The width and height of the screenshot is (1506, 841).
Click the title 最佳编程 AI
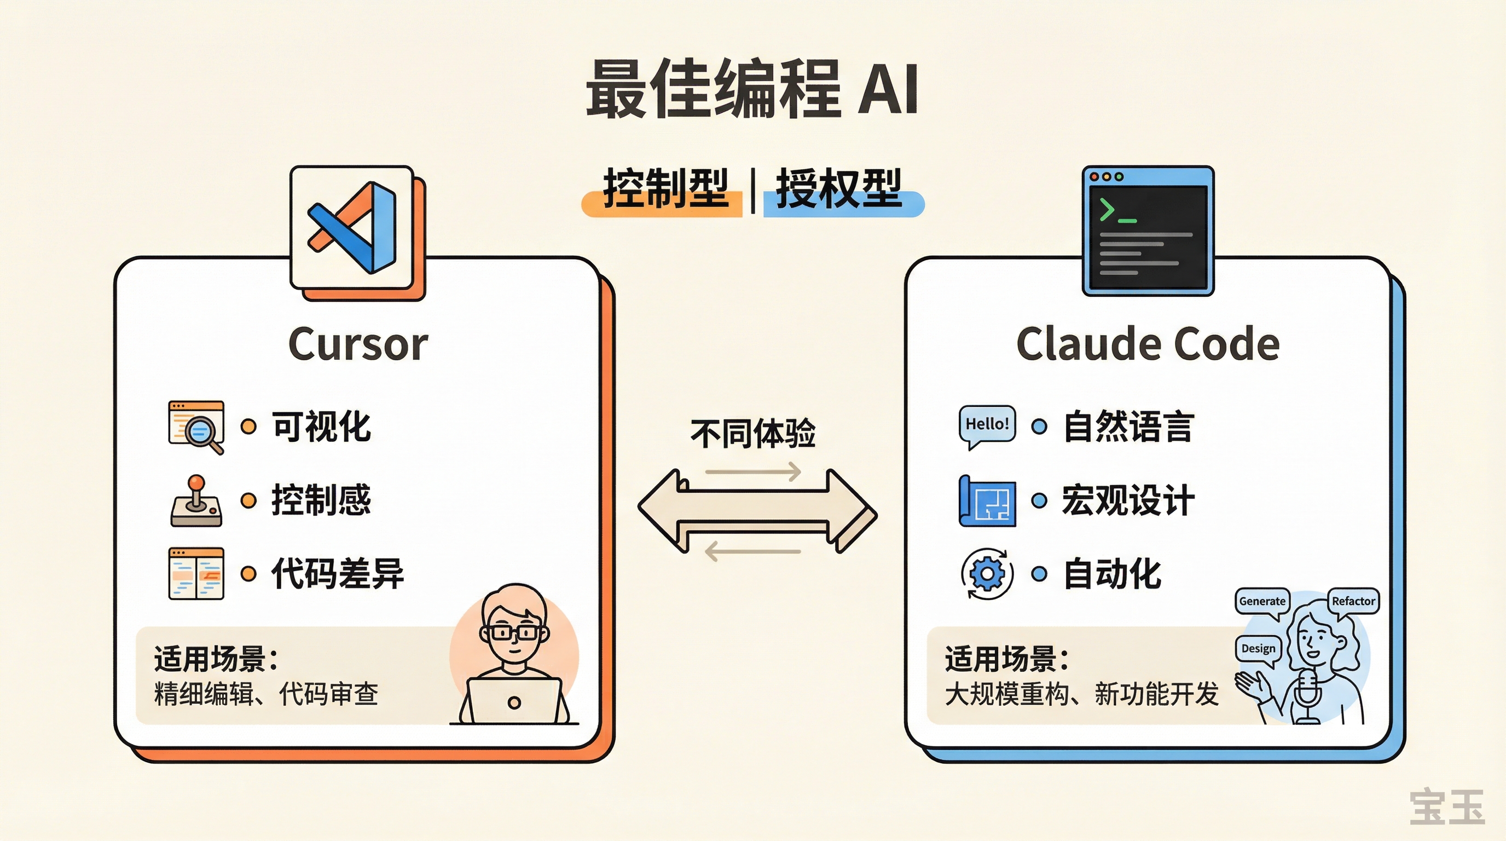coord(752,89)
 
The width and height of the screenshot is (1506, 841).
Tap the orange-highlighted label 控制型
coord(665,189)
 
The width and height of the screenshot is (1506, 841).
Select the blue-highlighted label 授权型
coord(839,189)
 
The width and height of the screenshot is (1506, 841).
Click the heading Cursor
coord(358,344)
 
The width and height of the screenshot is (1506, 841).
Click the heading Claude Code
coord(1148,344)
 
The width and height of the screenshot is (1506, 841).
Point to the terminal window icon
coord(1148,231)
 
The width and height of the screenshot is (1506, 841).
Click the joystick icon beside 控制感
coord(196,501)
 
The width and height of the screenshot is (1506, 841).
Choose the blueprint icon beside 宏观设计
coord(987,501)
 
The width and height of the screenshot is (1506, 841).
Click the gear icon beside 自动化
coord(987,574)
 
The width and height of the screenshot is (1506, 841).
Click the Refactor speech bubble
coord(1353,602)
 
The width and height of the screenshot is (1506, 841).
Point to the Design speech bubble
coord(1258,649)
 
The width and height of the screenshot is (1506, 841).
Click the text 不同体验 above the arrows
coord(752,433)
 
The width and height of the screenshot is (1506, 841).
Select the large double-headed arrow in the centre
coord(757,510)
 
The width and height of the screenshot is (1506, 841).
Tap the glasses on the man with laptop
coord(513,633)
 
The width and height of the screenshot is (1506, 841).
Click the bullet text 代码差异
coord(337,574)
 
